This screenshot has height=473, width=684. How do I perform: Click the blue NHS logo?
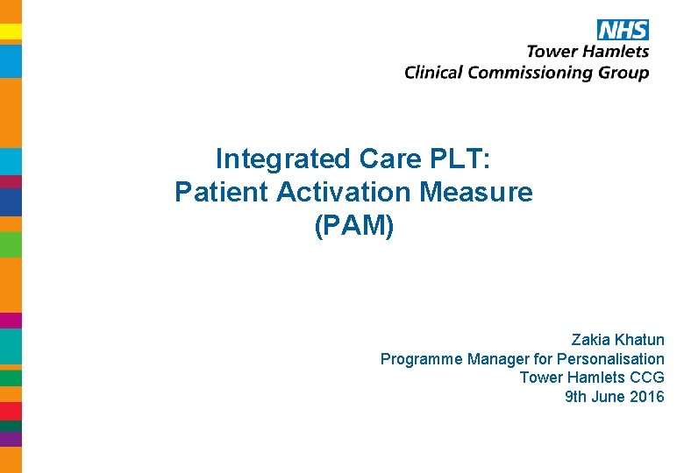(x=623, y=30)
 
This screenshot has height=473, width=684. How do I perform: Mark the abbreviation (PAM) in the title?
(x=353, y=225)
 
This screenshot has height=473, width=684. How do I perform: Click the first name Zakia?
(x=590, y=339)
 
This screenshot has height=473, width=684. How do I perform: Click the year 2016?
(x=647, y=397)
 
